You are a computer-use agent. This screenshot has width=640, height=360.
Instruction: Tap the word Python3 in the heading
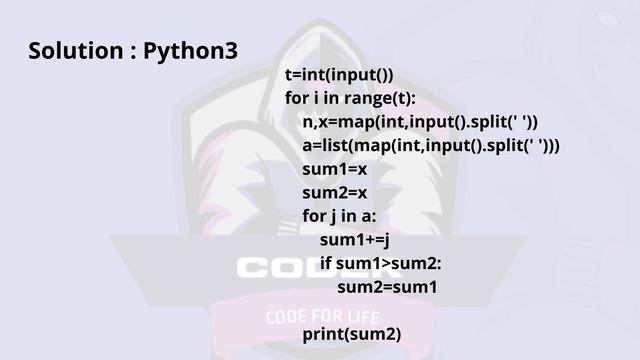tap(191, 50)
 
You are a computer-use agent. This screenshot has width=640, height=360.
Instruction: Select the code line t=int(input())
tap(339, 75)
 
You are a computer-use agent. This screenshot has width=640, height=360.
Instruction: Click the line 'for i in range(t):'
tap(350, 98)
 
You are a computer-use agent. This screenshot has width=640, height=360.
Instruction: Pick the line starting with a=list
tap(431, 146)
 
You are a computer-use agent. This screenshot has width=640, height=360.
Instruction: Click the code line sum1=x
tap(335, 169)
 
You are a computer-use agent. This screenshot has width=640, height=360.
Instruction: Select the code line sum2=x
tap(335, 193)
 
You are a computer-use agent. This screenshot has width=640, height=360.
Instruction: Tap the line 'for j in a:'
tap(338, 216)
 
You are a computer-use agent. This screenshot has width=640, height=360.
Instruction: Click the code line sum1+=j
tap(354, 240)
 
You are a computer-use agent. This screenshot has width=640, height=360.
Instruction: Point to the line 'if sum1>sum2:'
tap(380, 263)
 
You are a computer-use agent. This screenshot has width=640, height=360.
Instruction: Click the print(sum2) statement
tap(352, 334)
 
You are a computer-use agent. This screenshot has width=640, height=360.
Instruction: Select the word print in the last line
tap(323, 334)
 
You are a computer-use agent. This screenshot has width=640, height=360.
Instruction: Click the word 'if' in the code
tap(325, 263)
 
